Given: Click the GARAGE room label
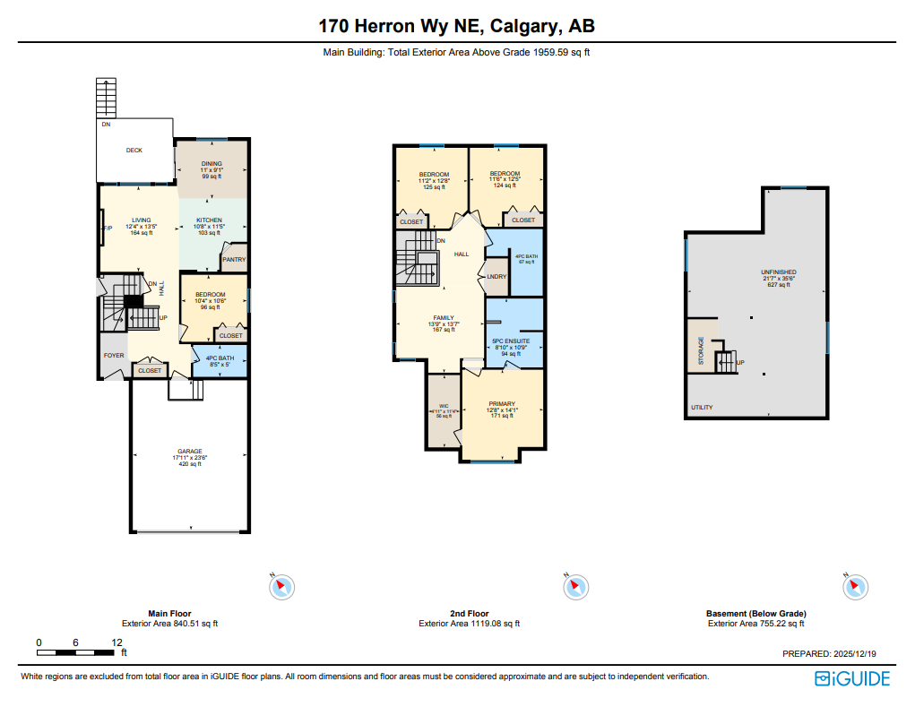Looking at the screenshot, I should click(x=188, y=452).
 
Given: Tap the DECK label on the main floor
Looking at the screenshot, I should click(x=134, y=151).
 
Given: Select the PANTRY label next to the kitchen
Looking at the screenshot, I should click(x=234, y=260).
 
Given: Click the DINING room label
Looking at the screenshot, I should click(x=211, y=164).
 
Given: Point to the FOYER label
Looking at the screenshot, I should click(x=114, y=355).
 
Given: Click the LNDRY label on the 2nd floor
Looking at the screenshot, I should click(x=496, y=276).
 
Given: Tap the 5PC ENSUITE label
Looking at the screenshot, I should click(x=513, y=341).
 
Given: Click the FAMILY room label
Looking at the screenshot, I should click(x=443, y=317).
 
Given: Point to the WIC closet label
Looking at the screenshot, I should click(x=443, y=406).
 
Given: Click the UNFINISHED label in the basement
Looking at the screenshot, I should click(x=778, y=272).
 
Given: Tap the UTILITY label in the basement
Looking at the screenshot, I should click(x=702, y=408).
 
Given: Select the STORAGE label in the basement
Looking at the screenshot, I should click(x=701, y=352).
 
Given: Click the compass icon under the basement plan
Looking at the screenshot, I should click(x=854, y=587).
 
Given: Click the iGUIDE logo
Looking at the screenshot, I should click(x=852, y=678).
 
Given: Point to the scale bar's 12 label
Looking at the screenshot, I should click(x=117, y=642).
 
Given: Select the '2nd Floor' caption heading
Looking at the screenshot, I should click(x=469, y=614).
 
